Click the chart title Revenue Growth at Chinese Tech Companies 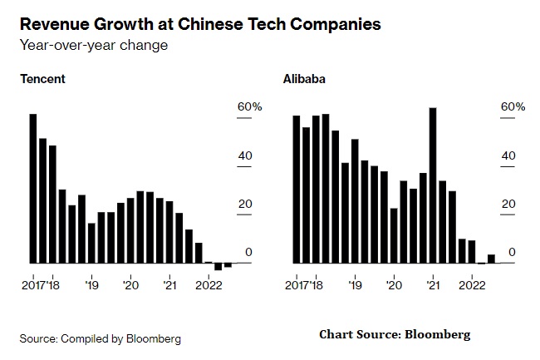[x=200, y=24]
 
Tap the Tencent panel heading [x=42, y=79]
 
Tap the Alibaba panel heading [x=303, y=79]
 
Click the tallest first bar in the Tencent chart [x=33, y=188]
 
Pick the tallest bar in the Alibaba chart [x=433, y=185]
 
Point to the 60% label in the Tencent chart [x=250, y=107]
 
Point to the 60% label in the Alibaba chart [x=513, y=107]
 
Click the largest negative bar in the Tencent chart [x=218, y=266]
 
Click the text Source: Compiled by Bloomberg [x=101, y=338]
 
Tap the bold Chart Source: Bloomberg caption [x=395, y=335]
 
